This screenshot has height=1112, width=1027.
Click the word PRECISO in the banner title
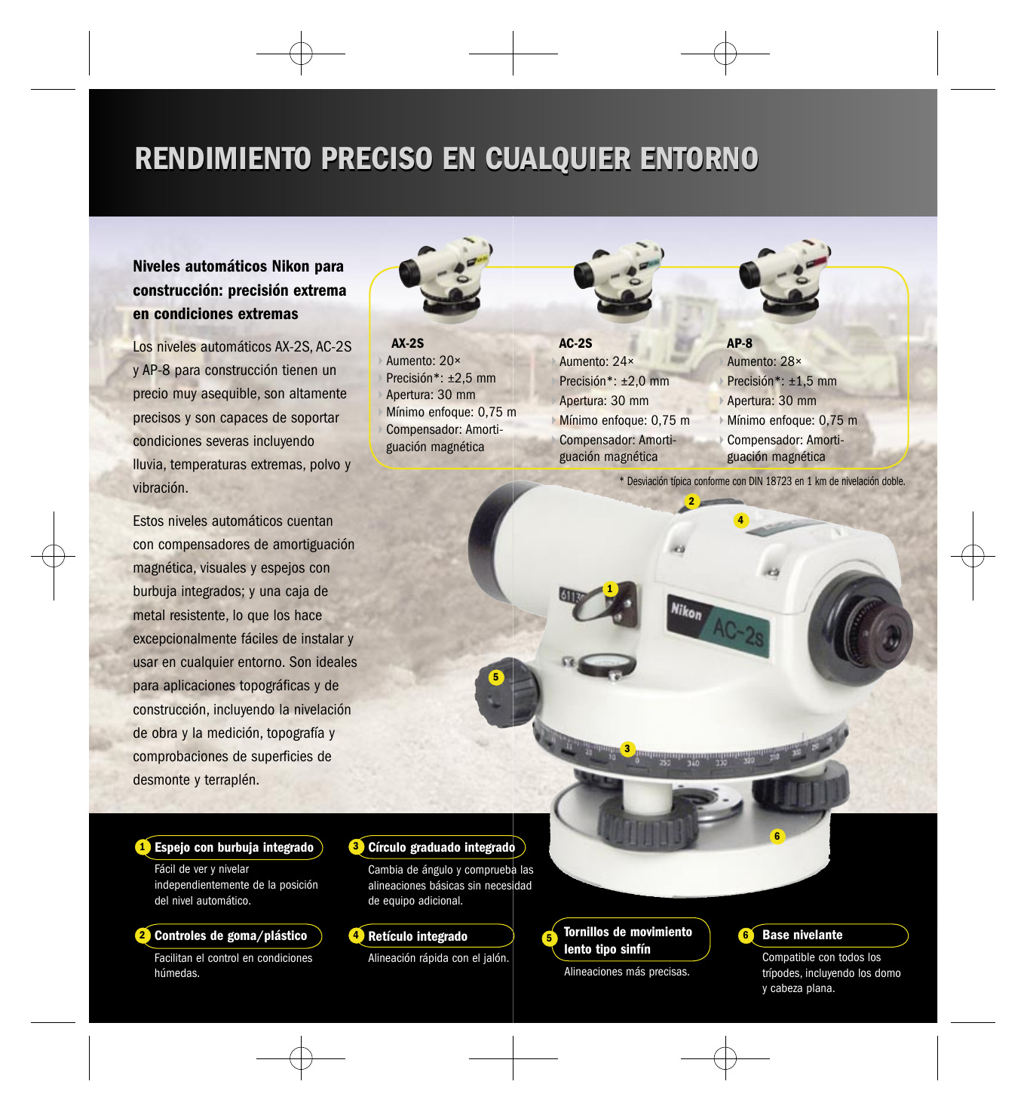(376, 158)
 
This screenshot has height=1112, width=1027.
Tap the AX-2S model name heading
(407, 343)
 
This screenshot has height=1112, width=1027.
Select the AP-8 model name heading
(739, 343)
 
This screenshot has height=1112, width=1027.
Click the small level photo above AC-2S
(619, 281)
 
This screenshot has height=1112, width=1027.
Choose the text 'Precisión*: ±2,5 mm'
(441, 378)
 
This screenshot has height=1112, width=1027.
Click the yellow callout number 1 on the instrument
(609, 588)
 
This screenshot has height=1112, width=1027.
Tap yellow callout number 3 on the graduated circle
(627, 748)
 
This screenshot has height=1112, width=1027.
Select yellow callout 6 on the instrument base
(777, 836)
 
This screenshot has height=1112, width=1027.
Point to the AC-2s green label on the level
(737, 632)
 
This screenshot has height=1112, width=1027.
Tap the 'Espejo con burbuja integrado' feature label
(234, 847)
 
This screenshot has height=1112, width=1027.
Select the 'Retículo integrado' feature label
(418, 936)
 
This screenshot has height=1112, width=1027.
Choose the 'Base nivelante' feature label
(802, 935)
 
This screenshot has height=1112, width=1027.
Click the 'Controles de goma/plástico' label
(231, 935)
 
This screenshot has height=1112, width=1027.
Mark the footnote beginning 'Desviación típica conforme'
(762, 481)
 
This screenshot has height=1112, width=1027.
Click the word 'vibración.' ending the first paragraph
(161, 487)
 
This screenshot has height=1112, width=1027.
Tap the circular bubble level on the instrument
(606, 664)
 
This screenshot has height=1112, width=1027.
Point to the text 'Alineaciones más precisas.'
(627, 972)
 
